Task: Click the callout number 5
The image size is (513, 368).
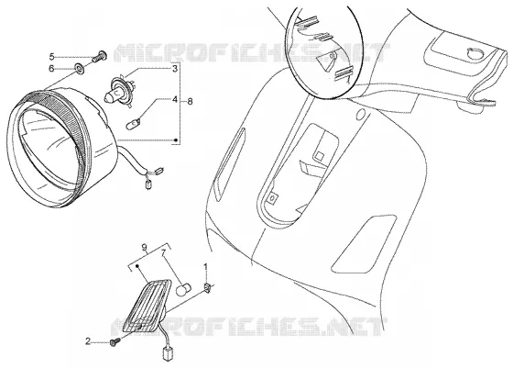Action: tap(51, 57)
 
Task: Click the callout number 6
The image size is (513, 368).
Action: tap(51, 69)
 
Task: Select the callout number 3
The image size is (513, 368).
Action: tap(175, 69)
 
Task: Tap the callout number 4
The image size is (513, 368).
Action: tap(175, 99)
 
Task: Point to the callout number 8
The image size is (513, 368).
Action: tap(190, 101)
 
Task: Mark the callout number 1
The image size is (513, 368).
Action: tap(205, 267)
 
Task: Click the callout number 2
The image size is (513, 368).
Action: tap(88, 341)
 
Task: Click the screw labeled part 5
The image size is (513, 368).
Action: tap(99, 57)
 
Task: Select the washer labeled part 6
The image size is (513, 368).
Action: tap(80, 68)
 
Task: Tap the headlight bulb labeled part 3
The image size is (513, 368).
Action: tap(119, 89)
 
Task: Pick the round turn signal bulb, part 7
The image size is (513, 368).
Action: tap(183, 289)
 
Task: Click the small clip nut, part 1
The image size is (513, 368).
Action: tap(208, 288)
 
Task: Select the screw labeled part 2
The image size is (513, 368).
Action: tap(115, 341)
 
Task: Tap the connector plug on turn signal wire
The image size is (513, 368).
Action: tap(167, 354)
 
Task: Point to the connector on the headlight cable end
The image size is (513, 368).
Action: tap(148, 185)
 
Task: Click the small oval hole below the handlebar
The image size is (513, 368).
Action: tap(361, 115)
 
